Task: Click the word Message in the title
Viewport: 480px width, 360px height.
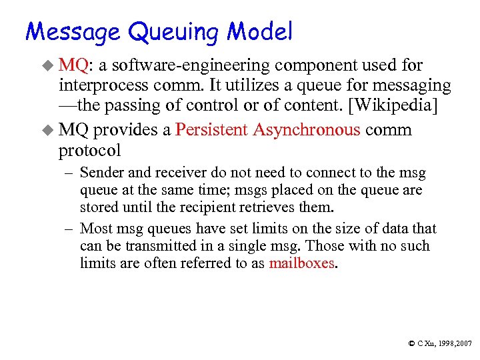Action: [73, 31]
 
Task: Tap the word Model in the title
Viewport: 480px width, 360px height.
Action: [260, 31]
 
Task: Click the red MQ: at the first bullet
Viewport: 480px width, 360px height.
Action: [74, 65]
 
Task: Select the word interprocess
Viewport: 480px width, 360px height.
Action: [99, 85]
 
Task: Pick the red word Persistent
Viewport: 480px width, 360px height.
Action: [211, 129]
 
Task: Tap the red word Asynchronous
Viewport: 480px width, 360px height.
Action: [304, 129]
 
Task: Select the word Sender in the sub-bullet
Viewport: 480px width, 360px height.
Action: [99, 173]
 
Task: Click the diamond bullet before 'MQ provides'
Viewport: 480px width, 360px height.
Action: [48, 129]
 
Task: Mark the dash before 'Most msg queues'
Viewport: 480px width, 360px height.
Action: [69, 229]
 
